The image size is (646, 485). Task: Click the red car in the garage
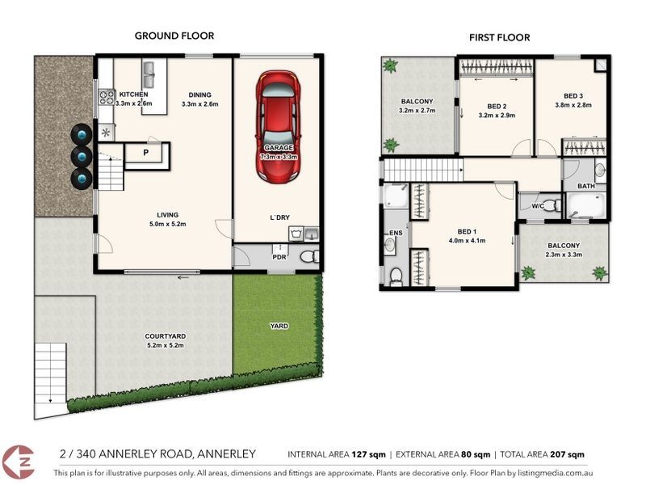pyautogui.click(x=278, y=126)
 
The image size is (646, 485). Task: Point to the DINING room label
pyautogui.click(x=200, y=94)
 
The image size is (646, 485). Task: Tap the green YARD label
pyautogui.click(x=279, y=326)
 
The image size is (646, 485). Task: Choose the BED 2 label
pyautogui.click(x=497, y=106)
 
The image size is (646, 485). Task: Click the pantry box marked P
pyautogui.click(x=146, y=152)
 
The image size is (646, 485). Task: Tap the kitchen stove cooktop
pyautogui.click(x=106, y=99)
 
